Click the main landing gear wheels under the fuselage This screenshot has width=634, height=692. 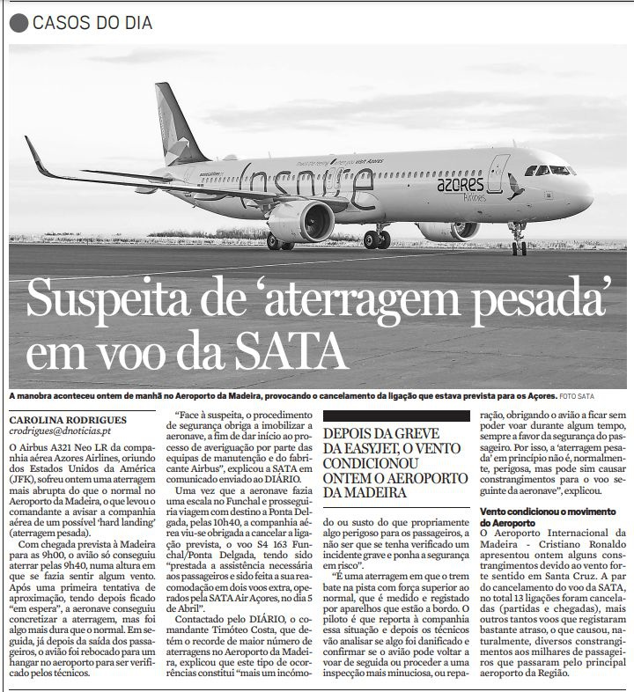377,239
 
